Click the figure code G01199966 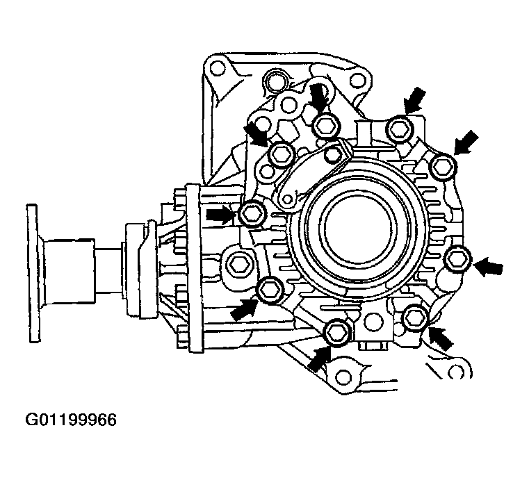71,420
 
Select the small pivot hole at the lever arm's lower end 286,199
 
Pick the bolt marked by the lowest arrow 336,331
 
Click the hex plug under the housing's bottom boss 371,345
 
